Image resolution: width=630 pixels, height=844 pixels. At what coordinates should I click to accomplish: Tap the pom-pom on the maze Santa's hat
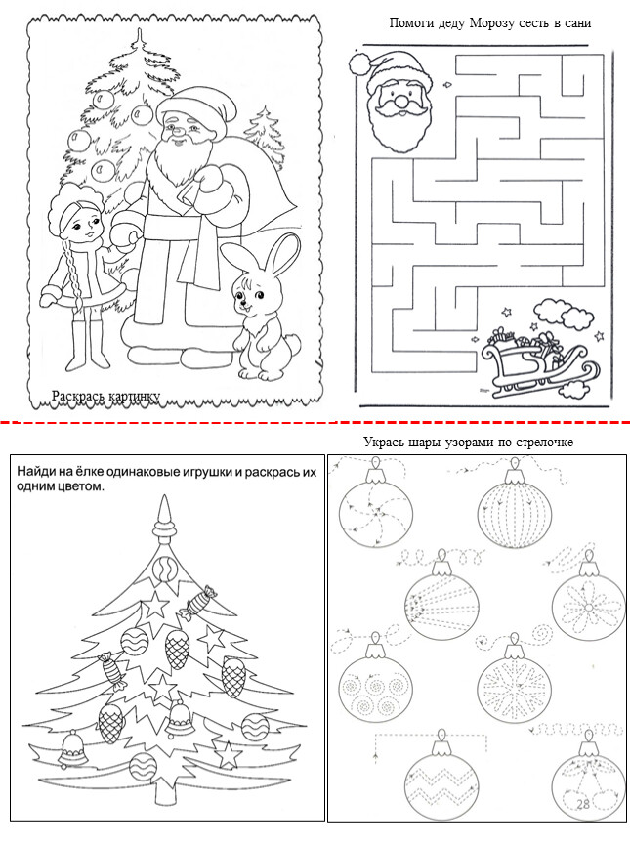pos(358,63)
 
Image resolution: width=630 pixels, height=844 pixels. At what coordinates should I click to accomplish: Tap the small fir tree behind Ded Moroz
pos(264,135)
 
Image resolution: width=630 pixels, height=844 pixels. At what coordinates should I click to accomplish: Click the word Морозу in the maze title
pos(491,23)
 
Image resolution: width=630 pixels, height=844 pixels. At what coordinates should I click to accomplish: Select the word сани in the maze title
pos(577,23)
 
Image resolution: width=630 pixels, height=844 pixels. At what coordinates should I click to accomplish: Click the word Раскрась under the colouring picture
pos(78,397)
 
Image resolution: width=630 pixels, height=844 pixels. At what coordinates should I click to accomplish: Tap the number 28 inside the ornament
pos(583,804)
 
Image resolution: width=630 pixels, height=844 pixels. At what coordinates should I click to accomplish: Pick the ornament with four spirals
pos(375,684)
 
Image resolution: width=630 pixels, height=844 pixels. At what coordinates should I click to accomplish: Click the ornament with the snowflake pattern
pos(514,684)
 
